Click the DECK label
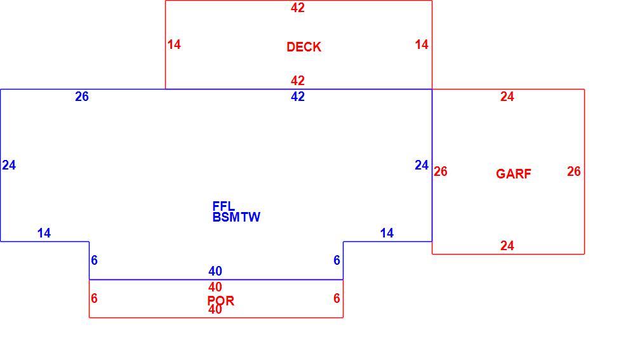(304, 47)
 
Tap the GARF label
(514, 174)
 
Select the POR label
(221, 300)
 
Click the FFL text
(224, 206)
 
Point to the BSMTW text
(236, 217)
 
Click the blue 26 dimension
(82, 97)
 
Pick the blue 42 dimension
(298, 97)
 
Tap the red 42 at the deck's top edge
(298, 8)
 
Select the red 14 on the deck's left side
(174, 44)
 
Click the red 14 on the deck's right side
(422, 44)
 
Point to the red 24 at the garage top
(507, 97)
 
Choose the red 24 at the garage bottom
(507, 246)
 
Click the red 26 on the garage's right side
(574, 171)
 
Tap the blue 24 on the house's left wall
(9, 165)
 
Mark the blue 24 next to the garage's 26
(422, 165)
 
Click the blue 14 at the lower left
(44, 233)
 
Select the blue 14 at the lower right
(387, 233)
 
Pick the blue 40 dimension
(215, 270)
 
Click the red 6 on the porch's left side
(94, 298)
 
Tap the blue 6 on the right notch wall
(337, 260)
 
